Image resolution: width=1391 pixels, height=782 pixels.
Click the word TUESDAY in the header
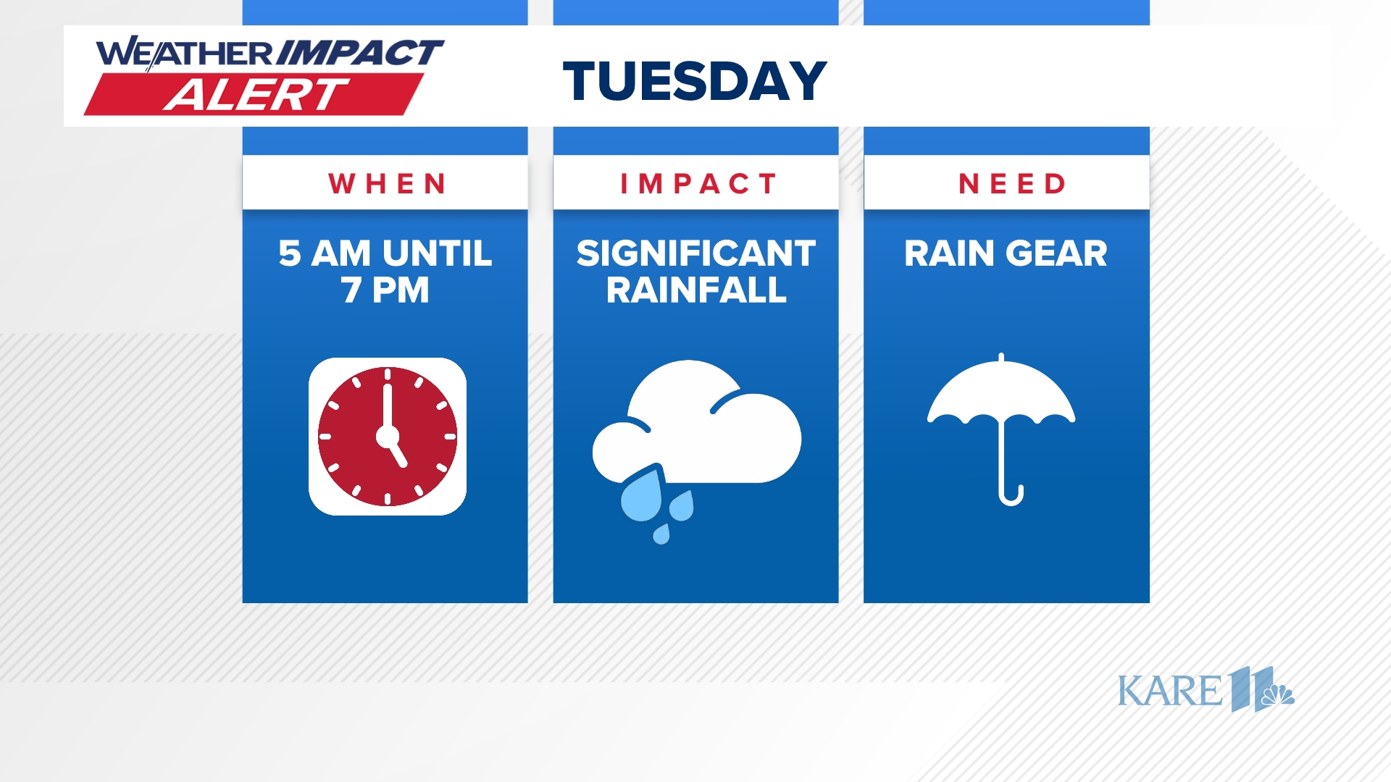695,80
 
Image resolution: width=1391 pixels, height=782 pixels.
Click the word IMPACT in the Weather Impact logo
360,53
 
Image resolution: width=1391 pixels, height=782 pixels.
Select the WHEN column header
387,184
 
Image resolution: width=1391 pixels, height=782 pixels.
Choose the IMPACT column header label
698,184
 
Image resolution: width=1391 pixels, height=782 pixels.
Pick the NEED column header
1011,184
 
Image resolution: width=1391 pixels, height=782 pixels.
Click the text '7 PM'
385,290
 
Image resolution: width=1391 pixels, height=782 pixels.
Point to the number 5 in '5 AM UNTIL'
289,253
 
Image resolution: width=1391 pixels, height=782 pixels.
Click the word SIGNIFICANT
695,253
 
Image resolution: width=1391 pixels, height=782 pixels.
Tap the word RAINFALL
695,290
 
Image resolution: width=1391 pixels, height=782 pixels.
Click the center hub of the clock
388,437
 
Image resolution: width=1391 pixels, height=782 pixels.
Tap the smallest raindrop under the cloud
661,535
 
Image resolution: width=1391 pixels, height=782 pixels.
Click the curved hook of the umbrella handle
1011,497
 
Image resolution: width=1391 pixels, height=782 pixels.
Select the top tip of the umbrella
1001,357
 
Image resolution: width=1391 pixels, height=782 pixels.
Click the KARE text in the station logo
1169,691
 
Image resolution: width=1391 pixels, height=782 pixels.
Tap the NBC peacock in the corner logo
1278,696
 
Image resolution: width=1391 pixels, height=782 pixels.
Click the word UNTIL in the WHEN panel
437,253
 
